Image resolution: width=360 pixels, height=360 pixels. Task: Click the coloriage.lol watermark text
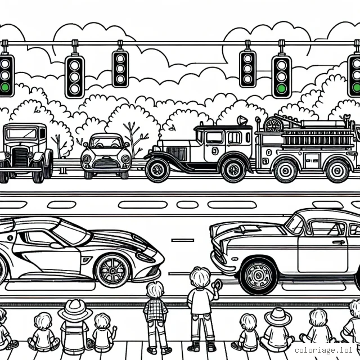click(x=323, y=350)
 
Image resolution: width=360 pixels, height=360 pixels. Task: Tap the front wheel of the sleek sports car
click(x=113, y=271)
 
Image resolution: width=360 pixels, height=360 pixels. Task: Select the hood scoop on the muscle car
click(x=249, y=228)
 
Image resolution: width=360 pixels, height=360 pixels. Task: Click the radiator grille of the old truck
click(x=20, y=157)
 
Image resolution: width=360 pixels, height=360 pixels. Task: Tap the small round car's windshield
click(x=106, y=142)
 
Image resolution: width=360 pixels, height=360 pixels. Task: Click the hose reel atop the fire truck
click(x=273, y=124)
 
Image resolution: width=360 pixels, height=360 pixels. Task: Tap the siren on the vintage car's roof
click(x=242, y=120)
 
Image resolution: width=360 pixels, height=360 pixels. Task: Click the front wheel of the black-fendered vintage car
click(x=157, y=170)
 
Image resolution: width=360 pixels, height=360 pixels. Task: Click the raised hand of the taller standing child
click(x=217, y=285)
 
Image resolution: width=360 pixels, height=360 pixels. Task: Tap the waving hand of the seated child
click(x=114, y=328)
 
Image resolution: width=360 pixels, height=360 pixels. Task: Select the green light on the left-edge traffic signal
click(x=4, y=88)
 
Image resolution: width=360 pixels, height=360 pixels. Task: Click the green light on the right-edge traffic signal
click(x=357, y=88)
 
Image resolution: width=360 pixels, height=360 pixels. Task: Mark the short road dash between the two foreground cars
click(x=182, y=240)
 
